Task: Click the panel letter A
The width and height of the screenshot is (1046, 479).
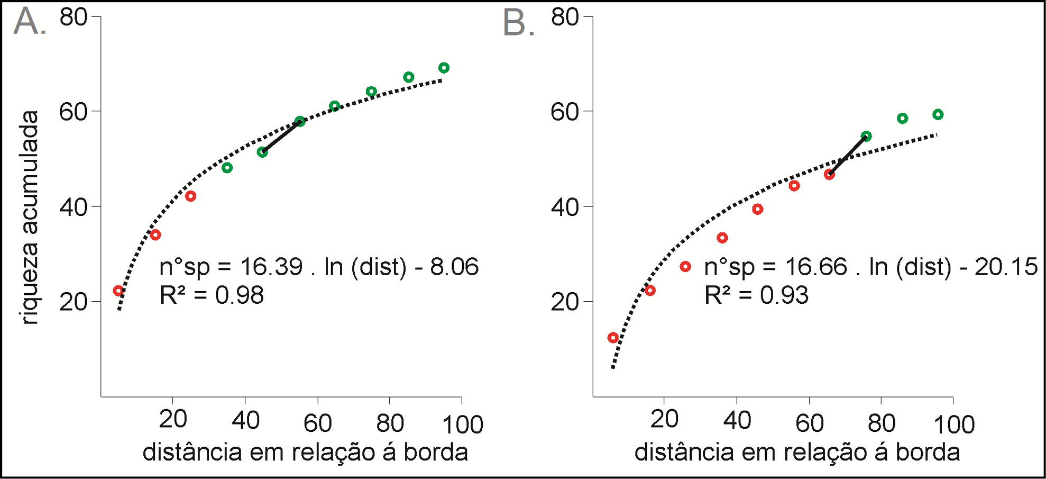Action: (x=26, y=22)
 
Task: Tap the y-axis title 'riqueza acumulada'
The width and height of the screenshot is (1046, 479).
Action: (x=29, y=217)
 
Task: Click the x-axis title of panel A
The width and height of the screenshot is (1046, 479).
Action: (x=305, y=453)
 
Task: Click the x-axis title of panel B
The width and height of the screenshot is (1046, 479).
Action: (x=797, y=453)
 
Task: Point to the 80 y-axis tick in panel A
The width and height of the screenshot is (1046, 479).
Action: (x=73, y=17)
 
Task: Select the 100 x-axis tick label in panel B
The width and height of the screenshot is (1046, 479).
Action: (x=954, y=424)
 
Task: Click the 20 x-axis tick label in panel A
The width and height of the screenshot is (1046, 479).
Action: (x=173, y=419)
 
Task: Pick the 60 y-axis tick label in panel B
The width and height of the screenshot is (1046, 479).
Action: (x=565, y=112)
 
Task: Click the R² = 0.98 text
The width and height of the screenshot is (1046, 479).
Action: (x=212, y=295)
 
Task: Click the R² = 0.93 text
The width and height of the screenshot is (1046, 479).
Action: (x=756, y=295)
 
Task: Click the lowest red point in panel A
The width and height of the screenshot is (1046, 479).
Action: (x=118, y=291)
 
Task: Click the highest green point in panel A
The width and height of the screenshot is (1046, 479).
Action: (x=444, y=68)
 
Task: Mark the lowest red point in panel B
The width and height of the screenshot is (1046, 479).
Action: (x=613, y=338)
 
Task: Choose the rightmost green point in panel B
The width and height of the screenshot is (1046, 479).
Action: (x=938, y=114)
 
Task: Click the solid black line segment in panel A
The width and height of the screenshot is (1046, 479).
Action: (x=281, y=137)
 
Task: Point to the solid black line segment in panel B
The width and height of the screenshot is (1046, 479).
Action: (x=848, y=155)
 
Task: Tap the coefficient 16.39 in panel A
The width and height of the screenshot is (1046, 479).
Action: (x=271, y=267)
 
